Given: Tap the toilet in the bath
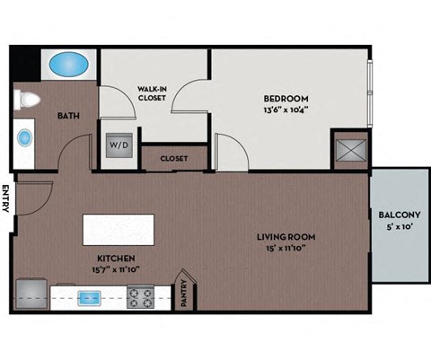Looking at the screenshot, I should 24,100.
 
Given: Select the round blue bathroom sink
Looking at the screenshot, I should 24,138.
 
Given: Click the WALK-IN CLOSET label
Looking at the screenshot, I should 154,94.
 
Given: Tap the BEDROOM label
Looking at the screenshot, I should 286,98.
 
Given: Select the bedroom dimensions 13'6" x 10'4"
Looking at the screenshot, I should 286,110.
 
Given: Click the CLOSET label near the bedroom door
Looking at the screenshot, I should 174,158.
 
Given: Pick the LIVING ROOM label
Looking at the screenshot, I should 286,237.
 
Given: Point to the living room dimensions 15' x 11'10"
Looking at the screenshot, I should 286,250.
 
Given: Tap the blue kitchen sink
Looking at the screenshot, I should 90,295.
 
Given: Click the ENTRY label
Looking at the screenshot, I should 5,198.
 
